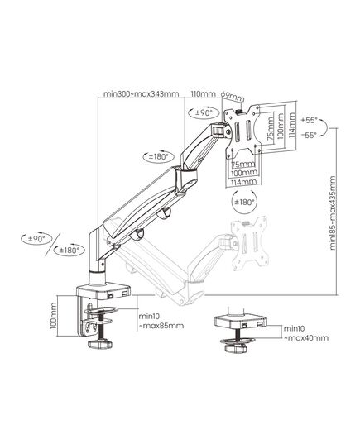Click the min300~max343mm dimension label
141,93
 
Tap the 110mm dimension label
203,93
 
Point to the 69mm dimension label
233,97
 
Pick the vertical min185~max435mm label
333,213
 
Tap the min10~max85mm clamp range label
161,321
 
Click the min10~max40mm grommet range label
306,333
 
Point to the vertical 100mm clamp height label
53,316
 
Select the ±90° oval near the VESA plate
204,112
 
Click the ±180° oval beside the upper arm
159,156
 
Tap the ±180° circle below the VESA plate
244,202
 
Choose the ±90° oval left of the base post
37,239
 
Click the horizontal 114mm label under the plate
243,182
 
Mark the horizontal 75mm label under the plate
243,165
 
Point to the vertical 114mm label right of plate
291,125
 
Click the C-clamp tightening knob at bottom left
100,344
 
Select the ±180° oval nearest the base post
70,250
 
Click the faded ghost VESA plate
249,244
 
